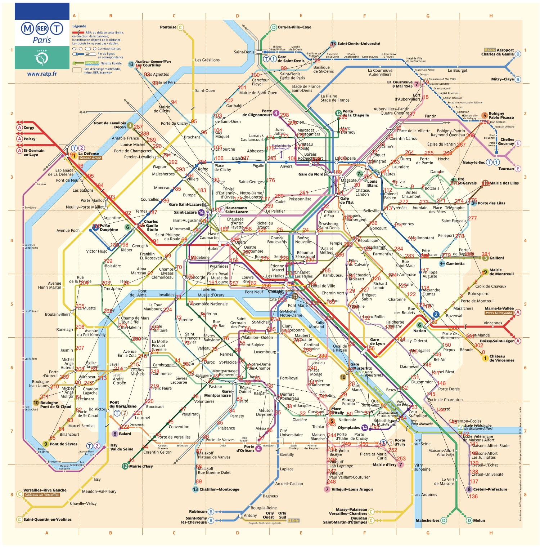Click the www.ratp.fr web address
42,74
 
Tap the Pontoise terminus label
168,27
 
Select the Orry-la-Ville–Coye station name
294,27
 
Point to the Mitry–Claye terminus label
502,79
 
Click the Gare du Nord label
311,174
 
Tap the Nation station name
419,331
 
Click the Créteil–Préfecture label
490,489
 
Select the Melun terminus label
479,520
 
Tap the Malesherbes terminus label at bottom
427,520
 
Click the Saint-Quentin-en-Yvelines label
48,520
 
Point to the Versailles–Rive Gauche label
45,490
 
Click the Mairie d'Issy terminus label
141,466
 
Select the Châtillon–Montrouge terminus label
219,489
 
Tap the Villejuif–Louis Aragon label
352,489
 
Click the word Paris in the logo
42,40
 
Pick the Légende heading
79,26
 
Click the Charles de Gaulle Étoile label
151,226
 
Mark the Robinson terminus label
198,512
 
